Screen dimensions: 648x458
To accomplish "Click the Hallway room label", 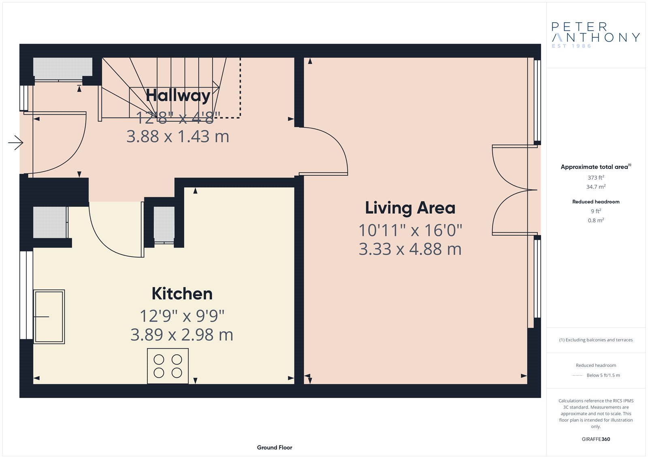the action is click(178, 96).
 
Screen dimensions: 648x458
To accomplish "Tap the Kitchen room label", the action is click(182, 294).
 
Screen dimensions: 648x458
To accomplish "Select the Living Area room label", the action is click(410, 209).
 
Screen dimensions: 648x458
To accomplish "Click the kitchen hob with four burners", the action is click(168, 366).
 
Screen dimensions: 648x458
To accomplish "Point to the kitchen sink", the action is click(49, 317).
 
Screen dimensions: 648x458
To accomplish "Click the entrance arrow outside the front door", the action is click(16, 143).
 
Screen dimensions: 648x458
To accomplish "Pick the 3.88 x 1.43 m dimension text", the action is click(178, 136).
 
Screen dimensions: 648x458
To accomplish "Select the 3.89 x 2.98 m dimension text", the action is click(182, 335).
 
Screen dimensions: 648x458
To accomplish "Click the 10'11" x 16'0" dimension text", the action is click(410, 230).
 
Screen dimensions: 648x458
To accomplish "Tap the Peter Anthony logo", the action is click(595, 35).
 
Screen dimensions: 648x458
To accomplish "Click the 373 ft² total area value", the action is click(596, 177).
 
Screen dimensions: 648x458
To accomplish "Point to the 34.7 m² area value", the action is click(596, 187).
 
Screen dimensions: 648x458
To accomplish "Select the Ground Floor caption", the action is click(275, 447).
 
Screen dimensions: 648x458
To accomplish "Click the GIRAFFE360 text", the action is click(596, 439).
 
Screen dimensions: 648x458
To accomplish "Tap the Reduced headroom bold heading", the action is click(596, 202).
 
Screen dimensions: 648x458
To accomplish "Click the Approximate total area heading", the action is click(596, 167).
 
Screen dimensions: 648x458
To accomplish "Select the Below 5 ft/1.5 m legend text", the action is click(603, 375).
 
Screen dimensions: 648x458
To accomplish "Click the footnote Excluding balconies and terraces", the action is click(596, 340).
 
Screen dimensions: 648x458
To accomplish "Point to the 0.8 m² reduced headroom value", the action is click(596, 220).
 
